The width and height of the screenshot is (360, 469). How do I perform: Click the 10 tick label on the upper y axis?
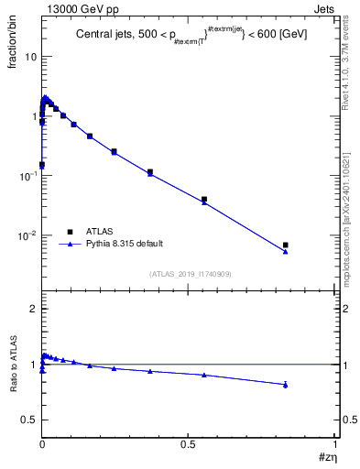(x=31, y=57)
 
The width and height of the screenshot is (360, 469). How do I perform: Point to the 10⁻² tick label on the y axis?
(x=27, y=235)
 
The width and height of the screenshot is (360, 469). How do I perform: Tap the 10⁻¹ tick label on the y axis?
(x=27, y=176)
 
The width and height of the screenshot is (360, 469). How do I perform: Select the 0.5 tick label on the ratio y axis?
(x=28, y=420)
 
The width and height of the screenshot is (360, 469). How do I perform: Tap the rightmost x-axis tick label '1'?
(x=335, y=443)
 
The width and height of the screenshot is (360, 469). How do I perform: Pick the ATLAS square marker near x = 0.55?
(x=204, y=199)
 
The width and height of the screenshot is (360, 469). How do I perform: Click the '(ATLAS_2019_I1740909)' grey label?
(x=190, y=274)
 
